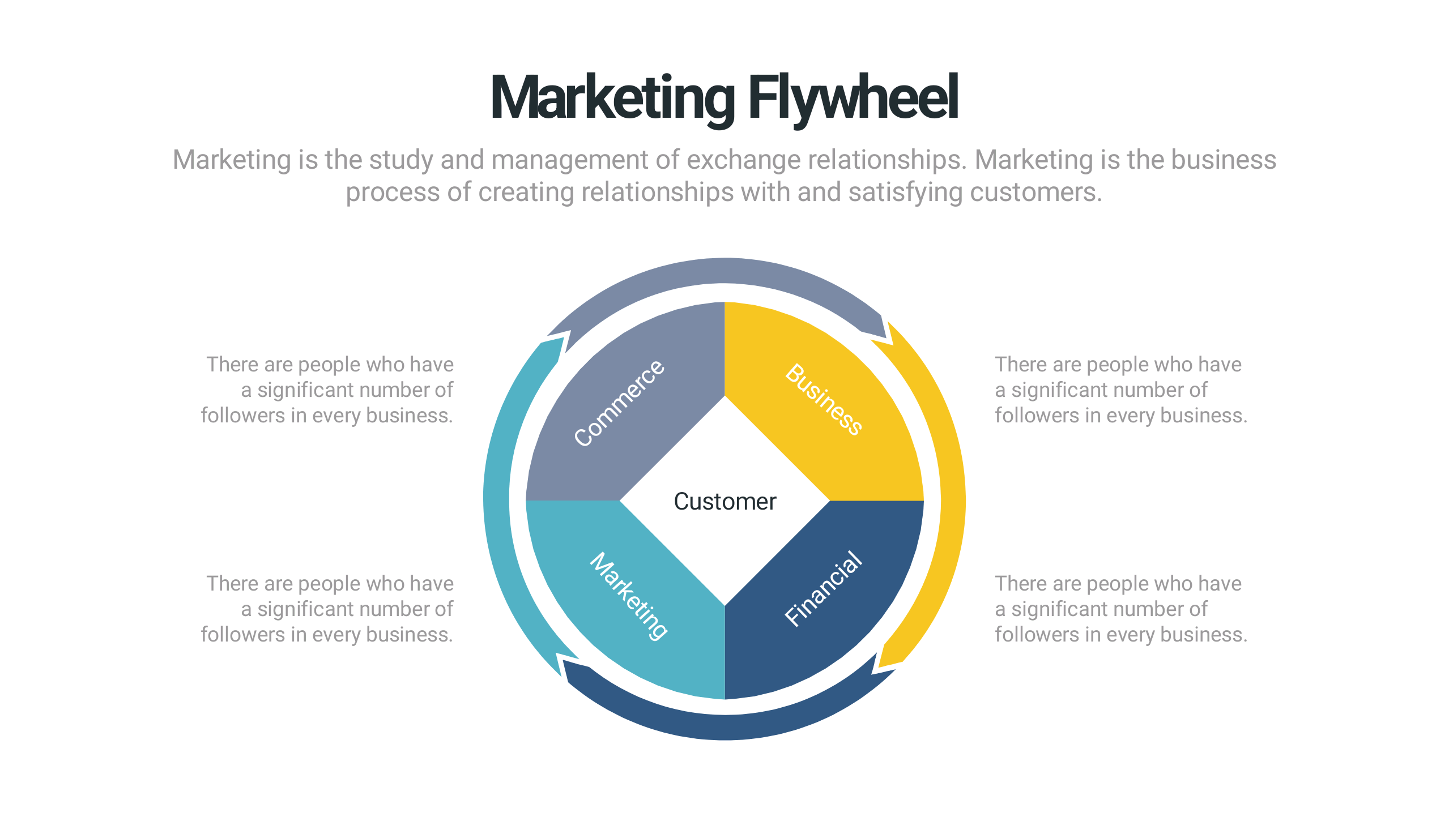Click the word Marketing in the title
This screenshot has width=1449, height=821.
click(612, 99)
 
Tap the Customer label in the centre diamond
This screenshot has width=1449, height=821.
click(724, 502)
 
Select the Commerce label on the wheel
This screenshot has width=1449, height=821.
click(619, 403)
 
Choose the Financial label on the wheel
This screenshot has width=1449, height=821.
click(824, 589)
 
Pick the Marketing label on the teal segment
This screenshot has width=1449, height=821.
click(629, 596)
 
